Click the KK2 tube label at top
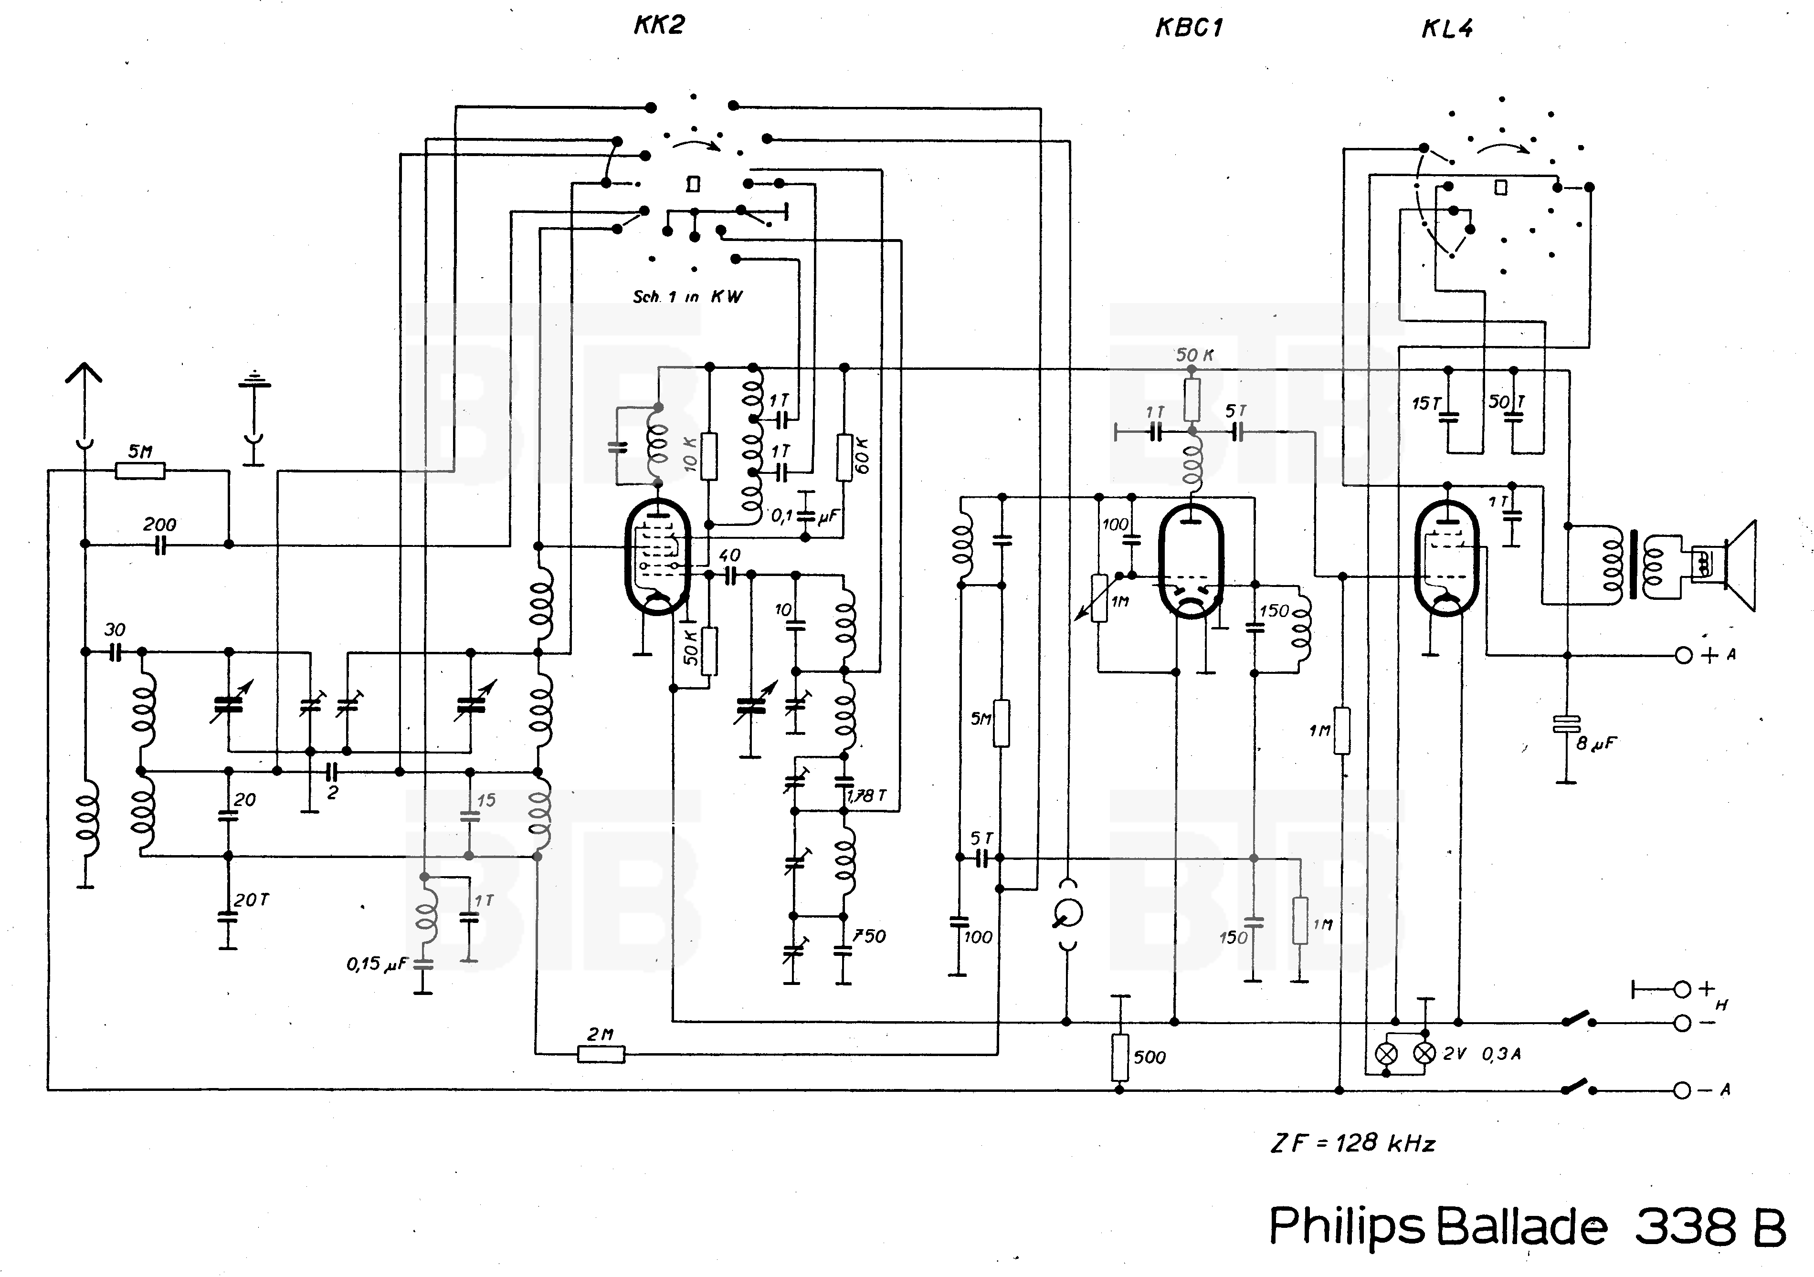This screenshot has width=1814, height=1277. click(658, 25)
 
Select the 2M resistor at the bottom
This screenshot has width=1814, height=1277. click(601, 1054)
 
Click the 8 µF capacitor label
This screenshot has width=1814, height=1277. click(1596, 743)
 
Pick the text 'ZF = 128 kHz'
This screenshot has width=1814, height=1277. click(1352, 1143)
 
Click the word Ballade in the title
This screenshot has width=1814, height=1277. click(1521, 1226)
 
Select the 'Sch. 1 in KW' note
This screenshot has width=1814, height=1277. click(687, 297)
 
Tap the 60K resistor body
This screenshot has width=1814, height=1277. click(844, 457)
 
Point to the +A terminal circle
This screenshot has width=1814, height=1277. click(1684, 655)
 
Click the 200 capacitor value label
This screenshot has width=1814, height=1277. click(159, 524)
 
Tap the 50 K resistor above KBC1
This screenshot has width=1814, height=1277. click(1192, 399)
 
